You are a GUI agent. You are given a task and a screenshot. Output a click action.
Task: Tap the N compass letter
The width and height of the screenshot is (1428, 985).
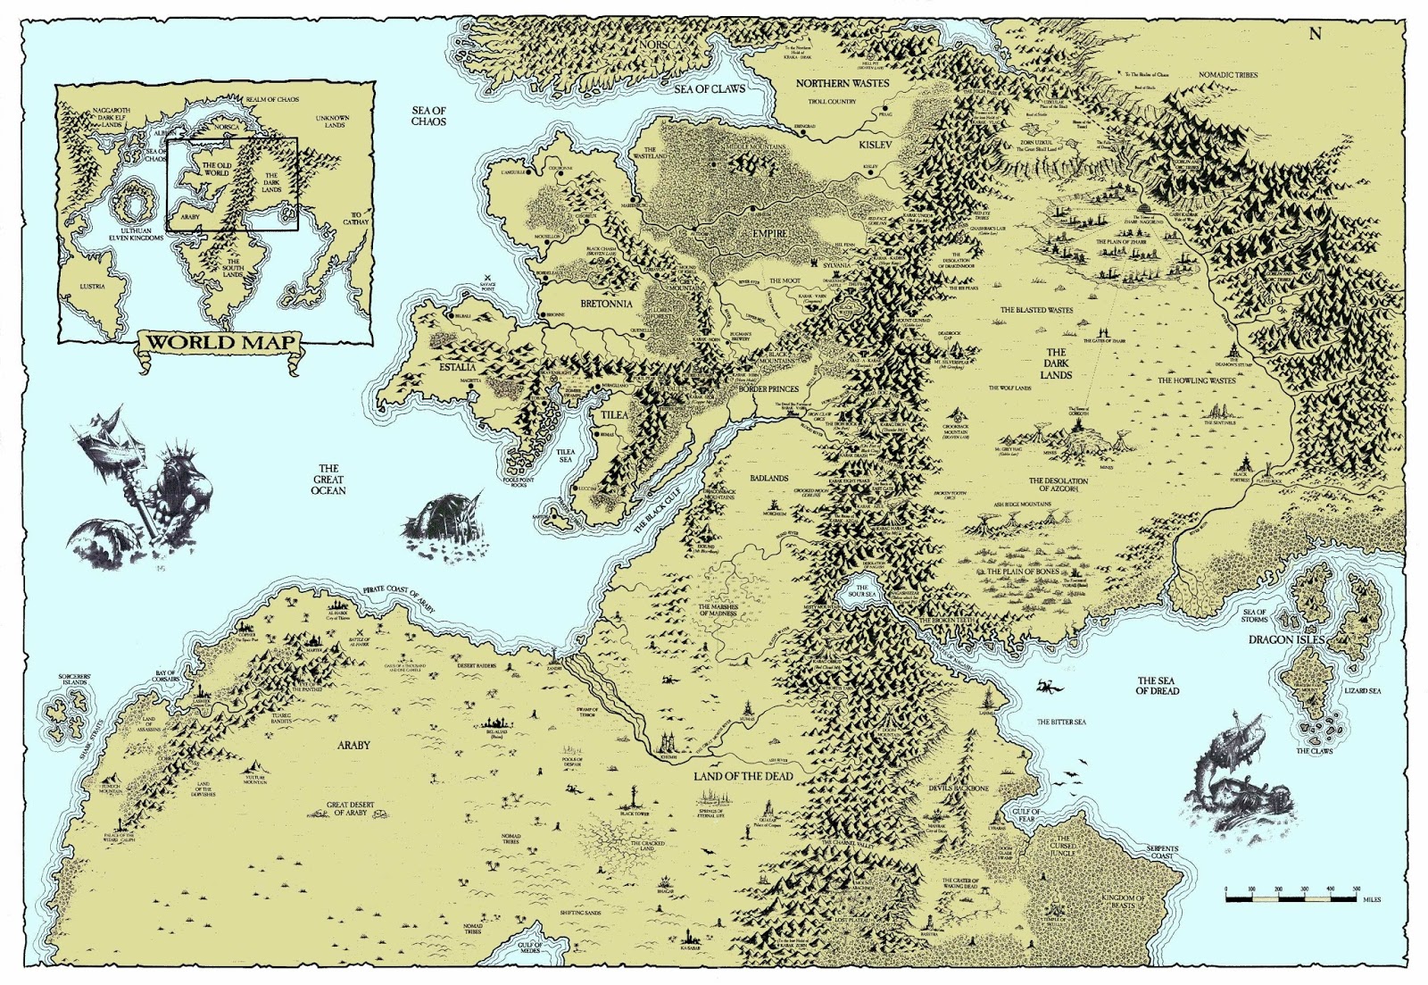[x=1315, y=35]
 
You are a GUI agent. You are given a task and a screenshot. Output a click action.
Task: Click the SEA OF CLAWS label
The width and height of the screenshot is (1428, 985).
[x=710, y=89]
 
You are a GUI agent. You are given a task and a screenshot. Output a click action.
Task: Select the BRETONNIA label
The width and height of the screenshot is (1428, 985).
[x=606, y=304]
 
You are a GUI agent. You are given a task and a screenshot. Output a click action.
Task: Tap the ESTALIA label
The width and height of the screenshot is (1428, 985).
[x=456, y=366]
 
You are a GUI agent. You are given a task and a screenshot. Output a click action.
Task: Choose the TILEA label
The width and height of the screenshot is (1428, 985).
[x=614, y=415]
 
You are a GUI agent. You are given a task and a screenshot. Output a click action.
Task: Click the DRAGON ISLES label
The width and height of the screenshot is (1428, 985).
[x=1286, y=640]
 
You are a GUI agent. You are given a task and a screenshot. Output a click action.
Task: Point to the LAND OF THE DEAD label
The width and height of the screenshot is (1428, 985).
[x=743, y=776]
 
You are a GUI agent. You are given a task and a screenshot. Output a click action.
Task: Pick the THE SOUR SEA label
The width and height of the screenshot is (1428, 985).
[x=861, y=591]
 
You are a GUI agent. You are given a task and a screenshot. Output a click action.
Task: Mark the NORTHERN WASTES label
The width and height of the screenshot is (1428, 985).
[x=842, y=83]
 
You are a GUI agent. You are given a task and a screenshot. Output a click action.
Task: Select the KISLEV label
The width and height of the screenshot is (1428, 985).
[x=875, y=144]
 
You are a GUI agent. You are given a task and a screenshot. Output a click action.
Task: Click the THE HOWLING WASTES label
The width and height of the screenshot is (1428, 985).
[x=1196, y=380]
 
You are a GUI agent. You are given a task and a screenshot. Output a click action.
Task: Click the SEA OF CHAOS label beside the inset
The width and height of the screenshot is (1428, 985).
[x=428, y=115]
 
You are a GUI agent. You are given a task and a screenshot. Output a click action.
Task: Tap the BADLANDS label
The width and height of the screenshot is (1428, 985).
[x=768, y=478]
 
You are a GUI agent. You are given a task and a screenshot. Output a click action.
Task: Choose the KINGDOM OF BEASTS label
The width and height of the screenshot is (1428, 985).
[x=1122, y=902]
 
